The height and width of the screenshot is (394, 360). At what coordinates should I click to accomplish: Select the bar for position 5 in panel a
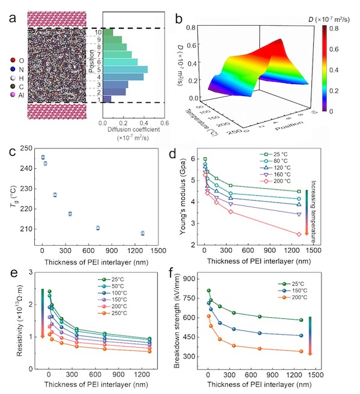[125, 69]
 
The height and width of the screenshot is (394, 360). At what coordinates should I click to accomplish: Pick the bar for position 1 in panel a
[107, 99]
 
